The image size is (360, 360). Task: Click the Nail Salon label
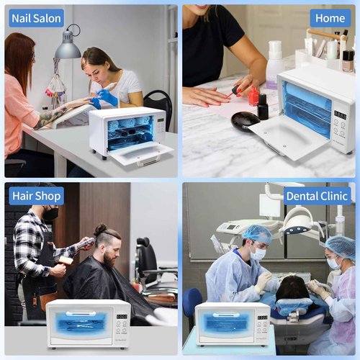(36, 18)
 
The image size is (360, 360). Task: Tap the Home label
(330, 18)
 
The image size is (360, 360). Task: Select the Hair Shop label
(36, 196)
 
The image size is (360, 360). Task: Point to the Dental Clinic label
(317, 196)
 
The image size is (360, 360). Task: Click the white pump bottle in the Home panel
(274, 63)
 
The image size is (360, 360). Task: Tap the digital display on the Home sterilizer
(340, 115)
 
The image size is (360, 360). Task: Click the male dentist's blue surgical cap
(256, 234)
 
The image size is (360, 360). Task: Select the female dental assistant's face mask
(334, 264)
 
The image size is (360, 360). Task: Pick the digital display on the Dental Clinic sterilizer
(262, 317)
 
